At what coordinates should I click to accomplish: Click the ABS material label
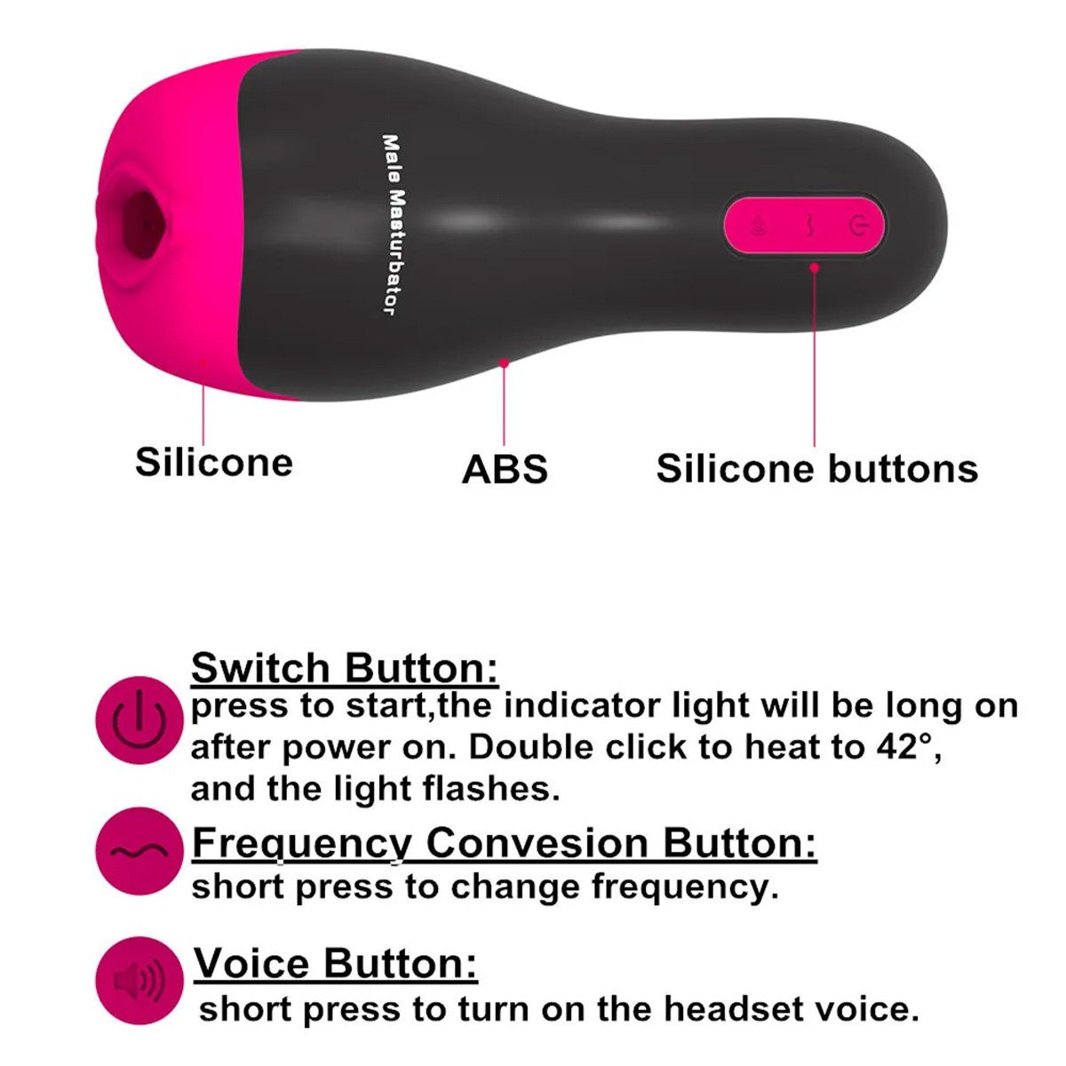coord(505,469)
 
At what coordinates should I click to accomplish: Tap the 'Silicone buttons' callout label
coord(817,468)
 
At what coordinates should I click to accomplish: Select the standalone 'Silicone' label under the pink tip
coord(214,462)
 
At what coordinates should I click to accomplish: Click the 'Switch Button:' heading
coord(345,668)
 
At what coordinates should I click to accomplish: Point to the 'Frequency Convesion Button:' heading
coord(505,843)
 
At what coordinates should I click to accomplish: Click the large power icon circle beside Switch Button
coord(139,720)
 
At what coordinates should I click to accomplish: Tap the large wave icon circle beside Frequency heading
coord(139,851)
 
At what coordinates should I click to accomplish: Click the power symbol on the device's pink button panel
coord(857,226)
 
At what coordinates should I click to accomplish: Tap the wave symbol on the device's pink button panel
coord(807,226)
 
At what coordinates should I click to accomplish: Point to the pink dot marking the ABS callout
coord(504,363)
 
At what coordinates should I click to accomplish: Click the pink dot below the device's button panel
coord(815,267)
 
